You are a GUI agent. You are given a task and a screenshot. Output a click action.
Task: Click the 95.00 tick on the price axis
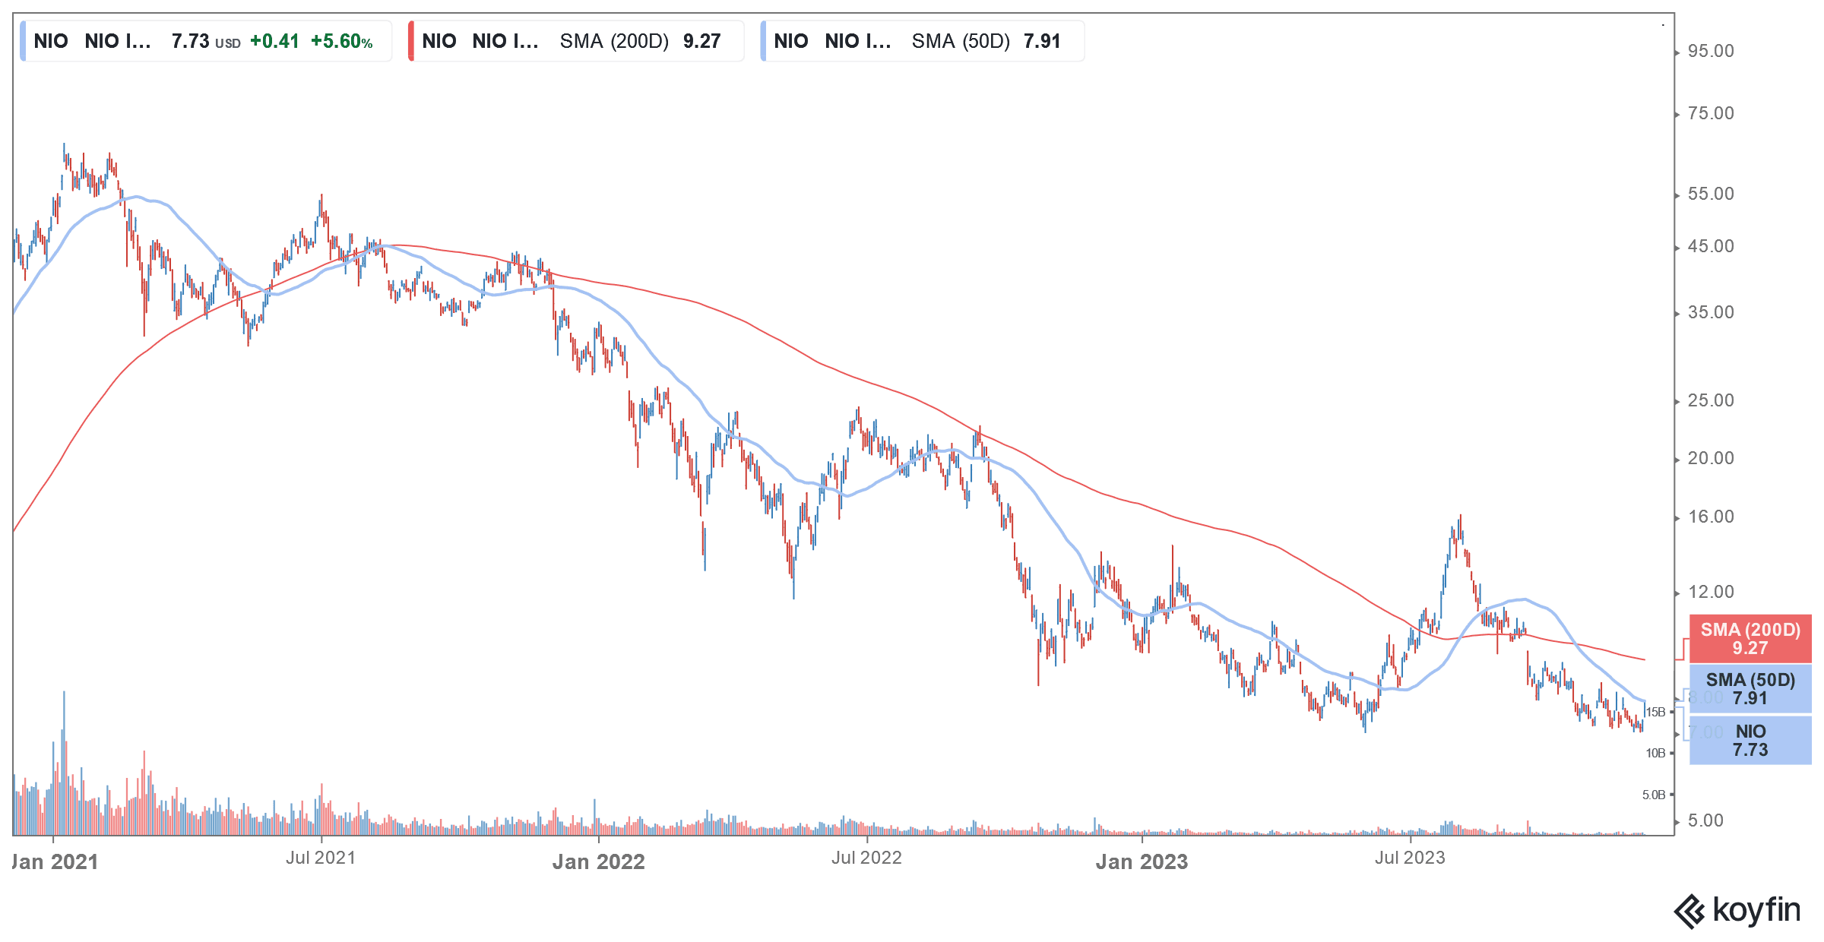1710,52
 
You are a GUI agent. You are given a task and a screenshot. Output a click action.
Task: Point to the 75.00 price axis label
1710,114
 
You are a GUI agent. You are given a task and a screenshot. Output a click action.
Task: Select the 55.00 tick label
1710,194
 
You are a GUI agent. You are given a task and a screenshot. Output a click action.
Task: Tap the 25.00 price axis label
1710,401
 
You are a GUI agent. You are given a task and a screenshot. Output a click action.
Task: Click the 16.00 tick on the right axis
1710,517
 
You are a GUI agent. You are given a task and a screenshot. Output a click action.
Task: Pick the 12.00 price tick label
1710,593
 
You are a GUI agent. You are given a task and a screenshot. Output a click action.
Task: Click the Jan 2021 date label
55,862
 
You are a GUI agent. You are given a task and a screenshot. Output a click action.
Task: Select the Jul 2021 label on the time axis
321,858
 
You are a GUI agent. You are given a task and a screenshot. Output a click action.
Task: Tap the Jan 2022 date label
598,862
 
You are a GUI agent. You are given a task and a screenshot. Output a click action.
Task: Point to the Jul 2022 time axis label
866,858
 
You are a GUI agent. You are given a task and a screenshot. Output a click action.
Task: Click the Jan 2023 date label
1142,862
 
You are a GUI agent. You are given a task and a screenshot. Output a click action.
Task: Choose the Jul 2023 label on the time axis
1410,858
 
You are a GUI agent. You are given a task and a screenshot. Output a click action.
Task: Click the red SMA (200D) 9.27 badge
1750,639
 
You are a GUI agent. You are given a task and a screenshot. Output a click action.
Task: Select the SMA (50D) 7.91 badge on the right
1750,689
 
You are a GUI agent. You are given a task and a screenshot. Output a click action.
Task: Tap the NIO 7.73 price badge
1750,741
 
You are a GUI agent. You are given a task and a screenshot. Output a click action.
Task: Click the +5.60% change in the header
341,42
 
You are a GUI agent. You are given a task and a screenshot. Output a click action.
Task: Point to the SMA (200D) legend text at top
614,42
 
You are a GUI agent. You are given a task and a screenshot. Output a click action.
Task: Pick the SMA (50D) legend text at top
961,42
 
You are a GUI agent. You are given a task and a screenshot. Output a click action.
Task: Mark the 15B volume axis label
1655,713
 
